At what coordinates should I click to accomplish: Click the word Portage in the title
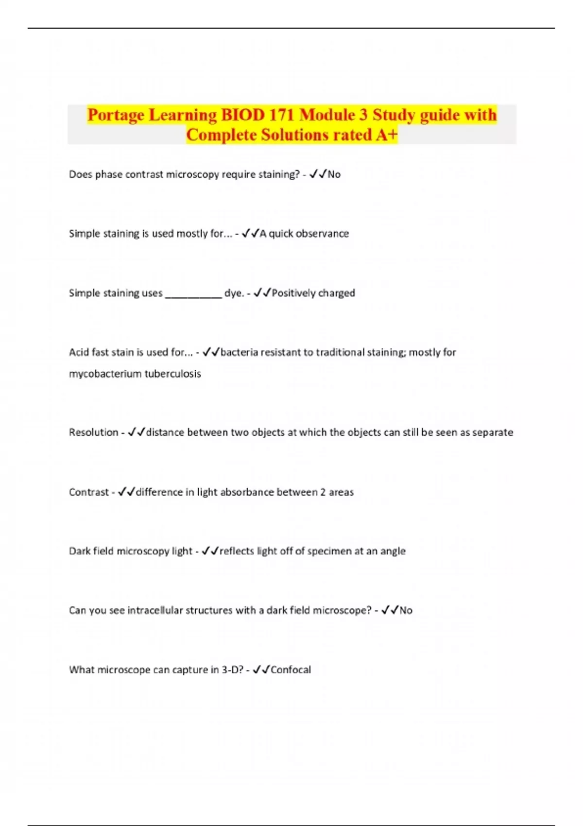[116, 115]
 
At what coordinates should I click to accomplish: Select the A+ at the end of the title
[387, 135]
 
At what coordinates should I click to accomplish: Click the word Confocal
[291, 670]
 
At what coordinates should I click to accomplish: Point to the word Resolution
[93, 432]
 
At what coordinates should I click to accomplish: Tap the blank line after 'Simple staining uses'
[193, 293]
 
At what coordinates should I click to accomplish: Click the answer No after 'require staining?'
[334, 174]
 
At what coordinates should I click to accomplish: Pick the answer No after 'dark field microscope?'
[406, 610]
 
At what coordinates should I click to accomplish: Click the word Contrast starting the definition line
[88, 492]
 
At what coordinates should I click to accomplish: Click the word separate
[493, 432]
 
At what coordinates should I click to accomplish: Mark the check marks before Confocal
[261, 670]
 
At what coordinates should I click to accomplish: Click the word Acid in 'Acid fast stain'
[78, 352]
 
